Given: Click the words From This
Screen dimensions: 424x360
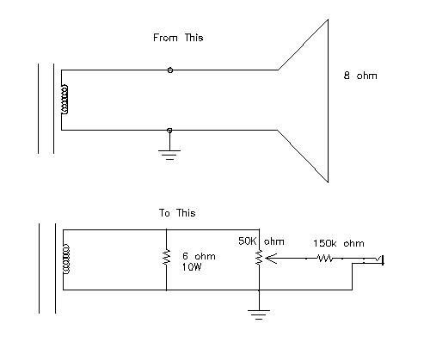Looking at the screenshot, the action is (x=178, y=38).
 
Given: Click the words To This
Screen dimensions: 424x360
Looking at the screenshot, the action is (x=177, y=213).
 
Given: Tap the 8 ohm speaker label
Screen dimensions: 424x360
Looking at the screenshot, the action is (x=360, y=76).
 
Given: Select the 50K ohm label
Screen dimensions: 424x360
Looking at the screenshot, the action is (x=261, y=241).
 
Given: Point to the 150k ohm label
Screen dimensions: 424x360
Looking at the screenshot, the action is (x=339, y=243).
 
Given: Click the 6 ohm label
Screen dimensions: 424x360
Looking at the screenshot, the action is (x=199, y=256).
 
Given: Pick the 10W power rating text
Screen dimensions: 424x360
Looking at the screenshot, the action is (x=192, y=267).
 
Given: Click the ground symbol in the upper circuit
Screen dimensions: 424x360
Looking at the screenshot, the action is (x=169, y=155).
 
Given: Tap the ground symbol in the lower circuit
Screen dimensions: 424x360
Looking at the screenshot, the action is (x=259, y=314).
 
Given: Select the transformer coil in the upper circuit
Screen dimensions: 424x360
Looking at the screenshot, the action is (x=65, y=100).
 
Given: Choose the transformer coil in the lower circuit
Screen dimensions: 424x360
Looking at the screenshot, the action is (x=66, y=259).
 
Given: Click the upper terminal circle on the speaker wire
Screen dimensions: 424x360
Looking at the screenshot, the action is (x=170, y=70).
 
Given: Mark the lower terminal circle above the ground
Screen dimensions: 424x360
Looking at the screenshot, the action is (x=169, y=131).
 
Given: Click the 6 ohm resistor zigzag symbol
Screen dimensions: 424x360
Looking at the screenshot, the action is (x=167, y=257).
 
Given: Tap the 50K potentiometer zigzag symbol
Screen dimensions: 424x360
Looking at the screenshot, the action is (x=259, y=257).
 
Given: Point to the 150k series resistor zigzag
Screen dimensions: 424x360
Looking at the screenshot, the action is (x=325, y=259).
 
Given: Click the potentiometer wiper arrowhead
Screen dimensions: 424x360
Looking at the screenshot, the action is (x=271, y=259).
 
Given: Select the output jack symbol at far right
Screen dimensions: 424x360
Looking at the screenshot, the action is (x=378, y=260).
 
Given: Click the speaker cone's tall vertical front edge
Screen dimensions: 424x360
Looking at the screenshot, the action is (x=328, y=101).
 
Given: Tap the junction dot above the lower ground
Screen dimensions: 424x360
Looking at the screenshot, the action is (x=259, y=290).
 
